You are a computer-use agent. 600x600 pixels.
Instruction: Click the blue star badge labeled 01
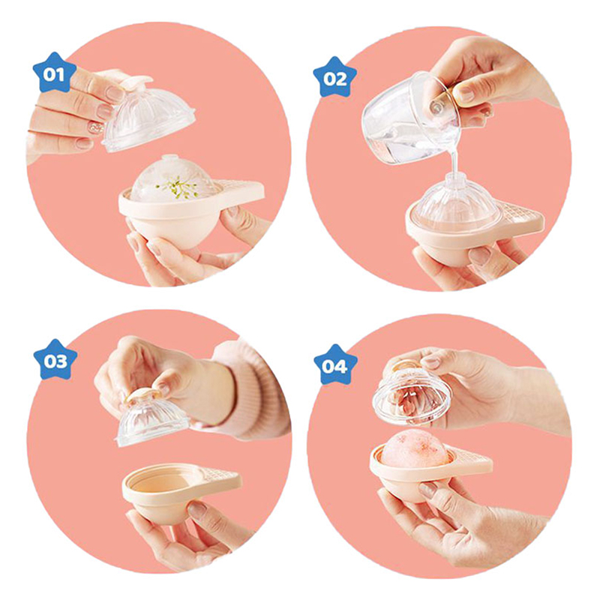coord(54,73)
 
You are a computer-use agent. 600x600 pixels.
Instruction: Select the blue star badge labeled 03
coord(55,360)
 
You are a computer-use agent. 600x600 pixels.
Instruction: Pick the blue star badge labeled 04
coord(335,365)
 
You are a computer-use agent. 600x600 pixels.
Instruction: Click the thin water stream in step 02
coord(454,160)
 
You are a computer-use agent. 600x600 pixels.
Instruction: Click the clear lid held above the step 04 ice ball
coord(411,396)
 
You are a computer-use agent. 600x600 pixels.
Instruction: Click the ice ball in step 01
coord(172,176)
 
